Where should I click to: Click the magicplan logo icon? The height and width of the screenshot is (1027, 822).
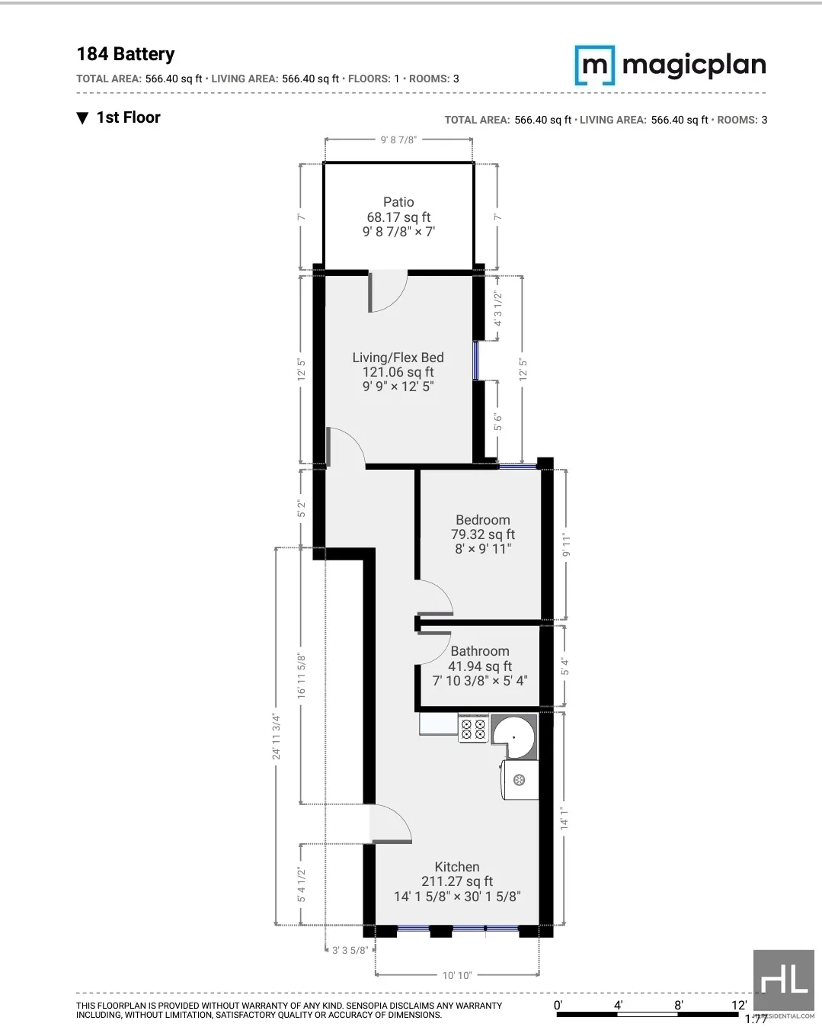click(x=594, y=65)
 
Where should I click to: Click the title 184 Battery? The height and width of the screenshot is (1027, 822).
click(x=126, y=54)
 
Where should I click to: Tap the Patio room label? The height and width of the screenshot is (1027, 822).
click(x=398, y=202)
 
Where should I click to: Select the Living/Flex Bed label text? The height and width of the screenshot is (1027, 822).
click(x=398, y=358)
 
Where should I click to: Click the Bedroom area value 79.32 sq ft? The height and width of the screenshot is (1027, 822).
click(x=483, y=534)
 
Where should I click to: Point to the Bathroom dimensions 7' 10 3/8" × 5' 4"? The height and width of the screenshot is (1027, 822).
click(x=480, y=681)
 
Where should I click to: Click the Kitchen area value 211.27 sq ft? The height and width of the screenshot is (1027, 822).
click(x=457, y=881)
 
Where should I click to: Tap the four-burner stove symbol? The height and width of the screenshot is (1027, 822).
click(x=473, y=728)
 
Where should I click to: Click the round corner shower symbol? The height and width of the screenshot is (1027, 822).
click(x=514, y=737)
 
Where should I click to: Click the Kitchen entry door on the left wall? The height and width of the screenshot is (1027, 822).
click(x=391, y=825)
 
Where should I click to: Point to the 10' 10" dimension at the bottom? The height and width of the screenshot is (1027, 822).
click(x=457, y=975)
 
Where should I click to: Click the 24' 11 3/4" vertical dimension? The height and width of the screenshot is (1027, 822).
click(x=277, y=737)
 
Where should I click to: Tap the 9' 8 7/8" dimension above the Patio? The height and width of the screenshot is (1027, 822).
click(x=398, y=140)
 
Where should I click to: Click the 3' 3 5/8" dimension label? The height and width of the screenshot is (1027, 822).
click(x=350, y=950)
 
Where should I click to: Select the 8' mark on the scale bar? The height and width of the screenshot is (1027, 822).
click(x=678, y=1005)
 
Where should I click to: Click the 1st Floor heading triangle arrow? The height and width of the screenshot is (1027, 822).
click(x=83, y=118)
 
